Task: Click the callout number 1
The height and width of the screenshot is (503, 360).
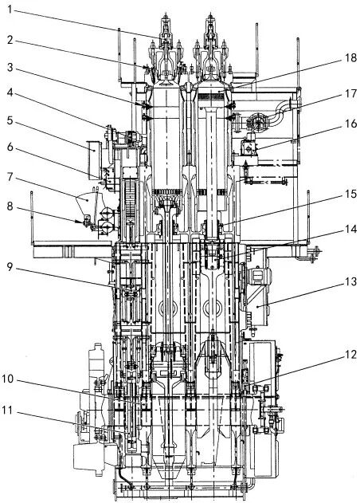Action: (10, 9)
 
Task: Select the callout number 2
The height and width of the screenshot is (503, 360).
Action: (10, 40)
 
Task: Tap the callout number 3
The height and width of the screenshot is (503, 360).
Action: (10, 68)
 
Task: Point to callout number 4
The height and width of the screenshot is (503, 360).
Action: (10, 92)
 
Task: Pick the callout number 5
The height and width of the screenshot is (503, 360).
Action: (10, 120)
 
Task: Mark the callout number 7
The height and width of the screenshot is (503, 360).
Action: (10, 177)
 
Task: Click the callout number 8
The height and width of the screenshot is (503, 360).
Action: (10, 206)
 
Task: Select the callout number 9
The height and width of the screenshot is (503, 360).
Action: (10, 267)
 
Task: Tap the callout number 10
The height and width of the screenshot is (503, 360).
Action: (8, 379)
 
